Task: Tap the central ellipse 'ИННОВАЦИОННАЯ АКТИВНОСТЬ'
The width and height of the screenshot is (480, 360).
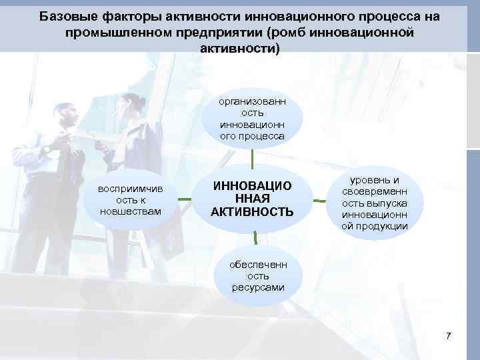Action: tap(252, 198)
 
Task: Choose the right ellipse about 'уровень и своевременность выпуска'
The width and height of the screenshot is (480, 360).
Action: tap(375, 203)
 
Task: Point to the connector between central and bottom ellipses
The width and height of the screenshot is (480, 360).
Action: tap(255, 239)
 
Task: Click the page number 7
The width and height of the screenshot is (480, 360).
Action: tap(449, 336)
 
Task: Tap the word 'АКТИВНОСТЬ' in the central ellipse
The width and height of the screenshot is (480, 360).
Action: tap(252, 212)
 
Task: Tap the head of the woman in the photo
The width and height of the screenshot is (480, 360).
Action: tap(128, 105)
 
